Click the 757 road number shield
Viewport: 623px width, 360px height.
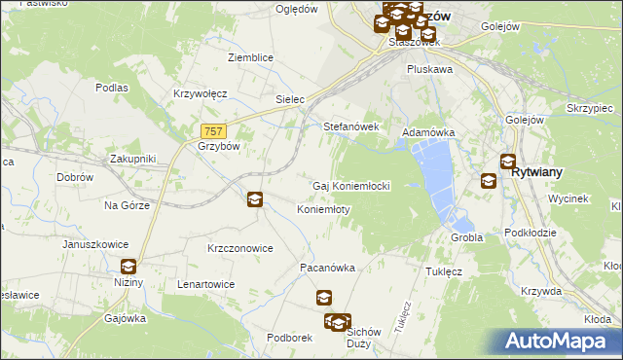tap(215, 131)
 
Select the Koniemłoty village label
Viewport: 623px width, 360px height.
tap(323, 209)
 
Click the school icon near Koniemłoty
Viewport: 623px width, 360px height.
tap(254, 199)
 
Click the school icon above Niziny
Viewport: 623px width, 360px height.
tap(128, 267)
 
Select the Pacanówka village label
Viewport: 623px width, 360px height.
tap(326, 267)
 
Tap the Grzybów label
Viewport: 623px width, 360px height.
tap(218, 146)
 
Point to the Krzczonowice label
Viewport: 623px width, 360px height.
tap(239, 248)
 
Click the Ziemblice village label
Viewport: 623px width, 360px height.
tap(250, 57)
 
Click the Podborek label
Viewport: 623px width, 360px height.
tap(288, 338)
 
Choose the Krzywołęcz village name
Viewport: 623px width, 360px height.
tap(200, 93)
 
